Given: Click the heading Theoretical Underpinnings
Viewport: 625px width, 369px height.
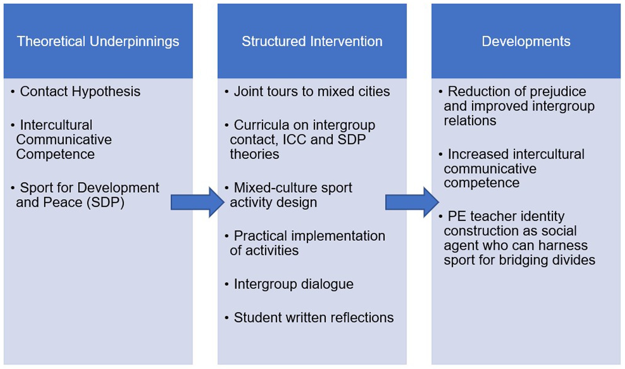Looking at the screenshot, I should (x=98, y=41).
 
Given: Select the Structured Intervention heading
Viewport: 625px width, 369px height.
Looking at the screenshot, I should (x=312, y=41).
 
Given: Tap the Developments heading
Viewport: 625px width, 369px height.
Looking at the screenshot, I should (x=526, y=41).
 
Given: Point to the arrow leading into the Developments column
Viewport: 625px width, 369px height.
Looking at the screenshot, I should (x=412, y=202).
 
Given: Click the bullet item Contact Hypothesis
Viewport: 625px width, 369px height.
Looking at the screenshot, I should (x=80, y=91).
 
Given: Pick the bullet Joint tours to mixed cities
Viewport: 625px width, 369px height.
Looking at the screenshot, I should (x=312, y=91).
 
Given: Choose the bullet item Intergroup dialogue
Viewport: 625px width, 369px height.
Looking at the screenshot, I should (x=293, y=284).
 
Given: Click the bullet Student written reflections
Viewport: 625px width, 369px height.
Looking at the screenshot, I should (x=313, y=317).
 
